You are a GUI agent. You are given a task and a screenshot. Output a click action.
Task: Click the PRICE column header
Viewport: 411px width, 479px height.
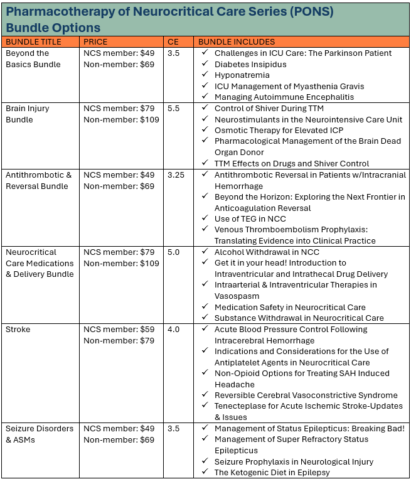95,41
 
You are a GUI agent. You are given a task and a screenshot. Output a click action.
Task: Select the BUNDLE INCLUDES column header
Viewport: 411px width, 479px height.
237,41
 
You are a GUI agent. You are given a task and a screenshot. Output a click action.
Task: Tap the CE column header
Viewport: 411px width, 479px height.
173,41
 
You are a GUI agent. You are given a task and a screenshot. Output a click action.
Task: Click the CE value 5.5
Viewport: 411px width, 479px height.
174,109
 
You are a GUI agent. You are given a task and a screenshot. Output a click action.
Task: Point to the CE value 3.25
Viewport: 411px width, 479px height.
176,175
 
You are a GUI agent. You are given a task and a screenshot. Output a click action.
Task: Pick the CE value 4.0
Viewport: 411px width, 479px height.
174,330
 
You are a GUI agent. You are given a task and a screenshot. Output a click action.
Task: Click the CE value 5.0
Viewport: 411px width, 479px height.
174,252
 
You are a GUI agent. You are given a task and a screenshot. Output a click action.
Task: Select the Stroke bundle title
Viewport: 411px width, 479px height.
18,330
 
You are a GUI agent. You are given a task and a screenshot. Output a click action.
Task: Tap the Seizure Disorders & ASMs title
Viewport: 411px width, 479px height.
39,434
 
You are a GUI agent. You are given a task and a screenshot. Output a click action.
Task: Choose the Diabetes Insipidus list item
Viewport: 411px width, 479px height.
250,64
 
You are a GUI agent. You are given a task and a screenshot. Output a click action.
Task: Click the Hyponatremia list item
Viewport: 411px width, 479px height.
242,75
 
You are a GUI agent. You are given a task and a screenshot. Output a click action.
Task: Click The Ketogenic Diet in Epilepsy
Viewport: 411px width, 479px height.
272,472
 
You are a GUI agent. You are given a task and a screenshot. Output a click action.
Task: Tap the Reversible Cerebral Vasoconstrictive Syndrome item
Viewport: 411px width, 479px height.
306,396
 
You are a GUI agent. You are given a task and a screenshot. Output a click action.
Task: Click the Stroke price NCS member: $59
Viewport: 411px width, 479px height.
119,330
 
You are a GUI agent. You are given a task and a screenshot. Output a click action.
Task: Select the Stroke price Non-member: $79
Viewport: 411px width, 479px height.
119,341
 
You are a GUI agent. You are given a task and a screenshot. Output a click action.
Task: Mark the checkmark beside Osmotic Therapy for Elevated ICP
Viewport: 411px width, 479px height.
205,131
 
